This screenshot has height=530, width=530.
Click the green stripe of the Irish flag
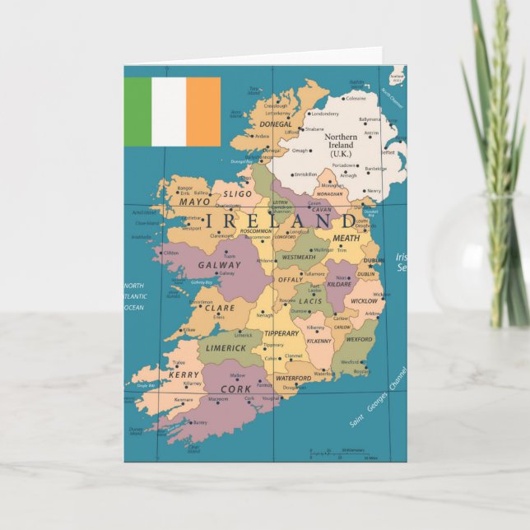point(137,112)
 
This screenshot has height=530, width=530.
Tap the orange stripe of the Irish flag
point(203,112)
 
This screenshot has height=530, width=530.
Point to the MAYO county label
point(195,202)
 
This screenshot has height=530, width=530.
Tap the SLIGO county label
point(238,194)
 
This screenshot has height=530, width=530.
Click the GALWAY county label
point(220,265)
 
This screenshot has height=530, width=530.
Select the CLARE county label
point(219,308)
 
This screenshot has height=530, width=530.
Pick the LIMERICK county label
point(225,348)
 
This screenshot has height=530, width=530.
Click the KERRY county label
point(184,374)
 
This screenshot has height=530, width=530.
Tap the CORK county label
point(236,388)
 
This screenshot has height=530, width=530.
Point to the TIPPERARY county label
point(281,333)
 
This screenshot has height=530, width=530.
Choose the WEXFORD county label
point(359,338)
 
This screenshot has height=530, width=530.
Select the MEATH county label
point(346,238)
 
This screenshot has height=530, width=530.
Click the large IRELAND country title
point(281,221)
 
